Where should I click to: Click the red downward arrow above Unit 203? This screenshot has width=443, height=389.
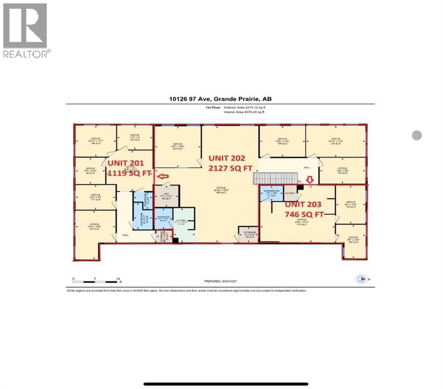(311, 179)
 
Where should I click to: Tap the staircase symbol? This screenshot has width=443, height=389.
(276, 178)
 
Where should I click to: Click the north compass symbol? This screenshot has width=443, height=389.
(360, 278)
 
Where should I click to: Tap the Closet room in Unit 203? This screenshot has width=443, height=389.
(290, 193)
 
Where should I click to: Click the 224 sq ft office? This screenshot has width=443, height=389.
(177, 147)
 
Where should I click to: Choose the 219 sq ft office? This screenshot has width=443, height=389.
(335, 141)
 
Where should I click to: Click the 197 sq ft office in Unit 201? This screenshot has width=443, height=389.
(93, 226)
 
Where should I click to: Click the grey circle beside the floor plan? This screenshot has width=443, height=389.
(417, 135)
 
